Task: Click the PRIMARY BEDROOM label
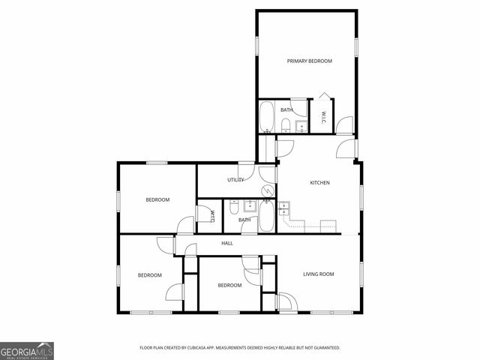(x=309, y=61)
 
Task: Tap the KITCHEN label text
(x=320, y=183)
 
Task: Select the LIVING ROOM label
(x=318, y=274)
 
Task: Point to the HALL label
(x=227, y=243)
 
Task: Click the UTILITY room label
(x=236, y=180)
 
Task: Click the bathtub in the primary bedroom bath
(x=267, y=117)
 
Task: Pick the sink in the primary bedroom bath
(x=300, y=126)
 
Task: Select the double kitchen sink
(x=284, y=208)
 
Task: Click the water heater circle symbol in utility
(x=267, y=190)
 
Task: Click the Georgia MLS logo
(x=27, y=350)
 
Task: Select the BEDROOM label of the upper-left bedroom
(x=157, y=199)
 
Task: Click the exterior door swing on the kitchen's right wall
(x=346, y=148)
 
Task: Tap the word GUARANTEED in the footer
(x=325, y=348)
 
